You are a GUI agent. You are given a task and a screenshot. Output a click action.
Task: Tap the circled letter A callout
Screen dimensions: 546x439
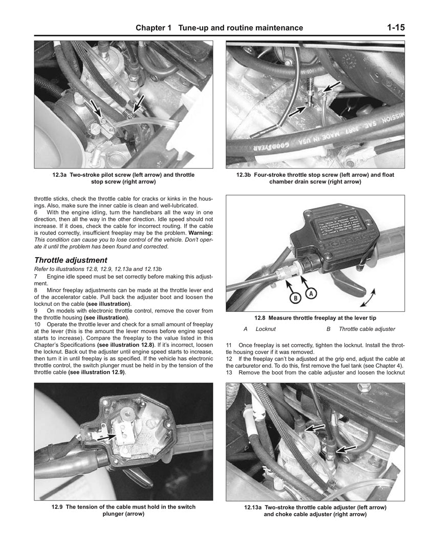(x=312, y=293)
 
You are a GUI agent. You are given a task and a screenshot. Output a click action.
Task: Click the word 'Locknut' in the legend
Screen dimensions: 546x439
(x=266, y=329)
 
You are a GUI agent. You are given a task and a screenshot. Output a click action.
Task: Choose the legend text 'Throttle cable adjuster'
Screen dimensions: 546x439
(x=367, y=329)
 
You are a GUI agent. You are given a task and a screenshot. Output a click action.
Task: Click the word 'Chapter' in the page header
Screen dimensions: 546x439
(x=153, y=28)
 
